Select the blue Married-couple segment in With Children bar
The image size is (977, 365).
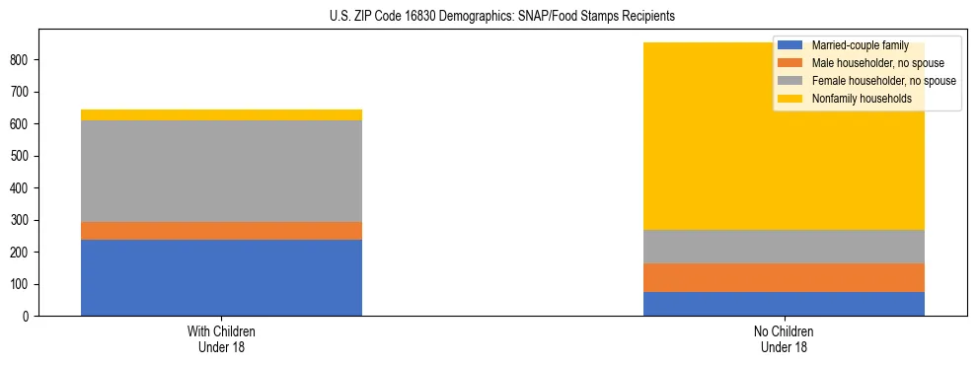click(x=221, y=277)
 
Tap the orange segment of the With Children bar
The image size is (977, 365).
click(x=221, y=231)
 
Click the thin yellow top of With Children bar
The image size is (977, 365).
click(x=221, y=114)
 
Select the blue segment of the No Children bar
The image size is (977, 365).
click(x=784, y=304)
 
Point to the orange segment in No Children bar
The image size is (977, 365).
click(x=784, y=277)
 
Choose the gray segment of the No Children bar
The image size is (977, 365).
click(x=784, y=247)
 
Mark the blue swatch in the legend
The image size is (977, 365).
click(x=790, y=45)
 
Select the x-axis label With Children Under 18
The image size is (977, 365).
click(x=221, y=339)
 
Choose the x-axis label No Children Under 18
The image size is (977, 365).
click(x=784, y=339)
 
